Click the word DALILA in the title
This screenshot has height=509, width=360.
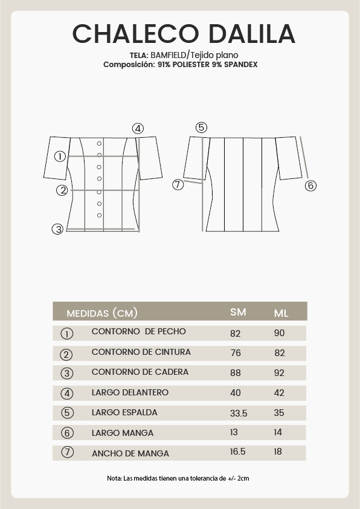point(252,34)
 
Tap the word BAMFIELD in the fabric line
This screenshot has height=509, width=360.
point(169,55)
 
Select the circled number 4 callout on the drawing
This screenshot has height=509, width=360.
point(138,129)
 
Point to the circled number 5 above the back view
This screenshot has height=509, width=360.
point(201,128)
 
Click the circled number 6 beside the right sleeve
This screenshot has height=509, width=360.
point(310,186)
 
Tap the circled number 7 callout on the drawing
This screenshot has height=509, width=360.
point(178,185)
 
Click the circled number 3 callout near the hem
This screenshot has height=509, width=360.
point(58,229)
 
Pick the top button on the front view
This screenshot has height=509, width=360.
point(99,143)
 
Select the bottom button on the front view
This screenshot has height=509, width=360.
point(99,215)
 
